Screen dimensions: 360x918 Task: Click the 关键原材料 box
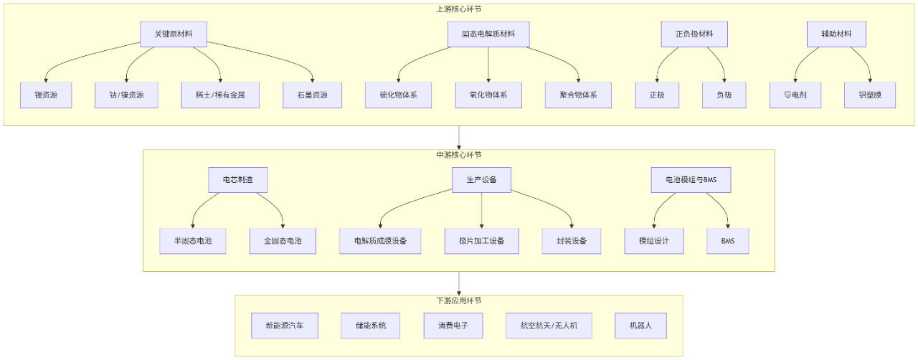click(173, 34)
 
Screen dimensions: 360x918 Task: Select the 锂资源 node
click(46, 95)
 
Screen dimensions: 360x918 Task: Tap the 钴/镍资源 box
click(127, 95)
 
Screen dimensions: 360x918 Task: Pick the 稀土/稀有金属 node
click(219, 95)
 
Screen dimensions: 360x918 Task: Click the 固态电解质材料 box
click(488, 34)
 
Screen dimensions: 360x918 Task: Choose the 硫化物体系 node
click(398, 95)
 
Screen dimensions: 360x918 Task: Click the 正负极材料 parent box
click(694, 34)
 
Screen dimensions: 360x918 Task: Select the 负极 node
click(724, 95)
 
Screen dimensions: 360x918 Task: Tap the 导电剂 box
click(794, 95)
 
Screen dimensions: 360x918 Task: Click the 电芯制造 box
click(237, 180)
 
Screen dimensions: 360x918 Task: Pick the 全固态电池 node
click(282, 241)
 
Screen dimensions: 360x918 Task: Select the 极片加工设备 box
click(481, 241)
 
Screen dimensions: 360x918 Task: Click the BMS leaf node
click(727, 241)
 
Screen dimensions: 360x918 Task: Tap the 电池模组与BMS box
click(691, 180)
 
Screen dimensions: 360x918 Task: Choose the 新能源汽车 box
click(284, 326)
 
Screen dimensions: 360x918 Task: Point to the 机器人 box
click(640, 326)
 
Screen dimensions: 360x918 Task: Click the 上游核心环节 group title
click(459, 9)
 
